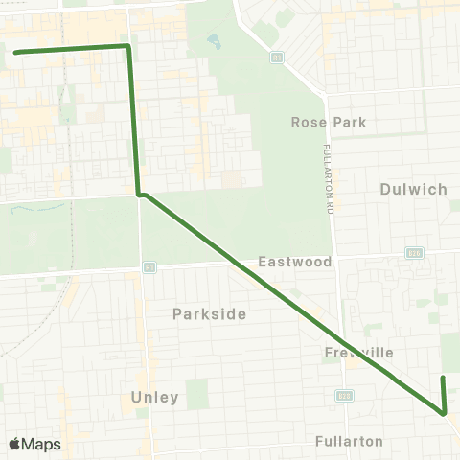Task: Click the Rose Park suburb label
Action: pos(329,123)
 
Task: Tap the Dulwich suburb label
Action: pos(413,189)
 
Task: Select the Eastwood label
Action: pos(294,262)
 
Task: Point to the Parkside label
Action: pos(209,313)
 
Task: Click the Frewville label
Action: pos(358,352)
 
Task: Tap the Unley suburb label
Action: pos(154,397)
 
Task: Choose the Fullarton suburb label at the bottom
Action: pos(349,442)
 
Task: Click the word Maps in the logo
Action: pos(42,445)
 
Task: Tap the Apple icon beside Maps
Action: pos(15,444)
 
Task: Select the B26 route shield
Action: pos(414,253)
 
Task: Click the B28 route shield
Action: pos(343,395)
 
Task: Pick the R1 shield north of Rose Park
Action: pos(276,57)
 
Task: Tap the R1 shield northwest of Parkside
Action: pos(149,266)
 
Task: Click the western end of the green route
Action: pos(15,52)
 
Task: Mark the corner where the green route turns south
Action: pos(127,45)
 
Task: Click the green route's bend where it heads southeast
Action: pos(141,195)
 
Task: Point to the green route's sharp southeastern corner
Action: pos(445,413)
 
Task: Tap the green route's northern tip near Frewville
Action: pos(443,379)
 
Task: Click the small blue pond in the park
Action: pos(213,42)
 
